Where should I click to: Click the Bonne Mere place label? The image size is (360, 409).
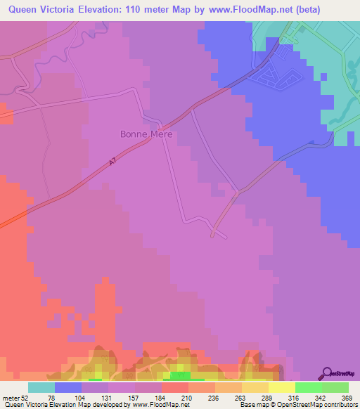[x=146, y=134]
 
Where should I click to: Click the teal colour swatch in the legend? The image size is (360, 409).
[x=41, y=387]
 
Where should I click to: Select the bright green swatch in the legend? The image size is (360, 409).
[x=309, y=387]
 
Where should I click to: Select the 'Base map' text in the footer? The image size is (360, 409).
[x=249, y=404]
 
